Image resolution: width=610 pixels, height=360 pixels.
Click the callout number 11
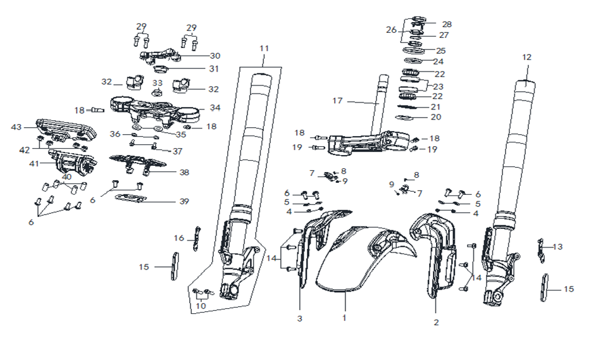[x=264, y=49]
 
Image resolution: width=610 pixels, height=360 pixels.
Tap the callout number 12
[x=526, y=57]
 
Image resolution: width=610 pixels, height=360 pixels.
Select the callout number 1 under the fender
[x=344, y=318]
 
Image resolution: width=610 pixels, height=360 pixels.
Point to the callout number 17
[x=337, y=101]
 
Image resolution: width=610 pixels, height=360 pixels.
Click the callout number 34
[x=215, y=108]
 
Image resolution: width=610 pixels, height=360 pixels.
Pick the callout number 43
[x=16, y=127]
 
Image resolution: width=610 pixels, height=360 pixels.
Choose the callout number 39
[x=184, y=201]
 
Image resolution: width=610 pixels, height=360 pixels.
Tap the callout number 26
[x=391, y=30]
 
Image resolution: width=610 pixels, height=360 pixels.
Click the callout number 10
[x=201, y=306]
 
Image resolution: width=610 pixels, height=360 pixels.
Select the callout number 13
[x=557, y=247]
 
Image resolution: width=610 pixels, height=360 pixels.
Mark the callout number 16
[x=178, y=238]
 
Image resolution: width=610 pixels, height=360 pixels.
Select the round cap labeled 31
[x=160, y=70]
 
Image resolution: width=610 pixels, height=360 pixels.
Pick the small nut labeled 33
[x=157, y=92]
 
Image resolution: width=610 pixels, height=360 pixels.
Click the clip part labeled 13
[x=541, y=251]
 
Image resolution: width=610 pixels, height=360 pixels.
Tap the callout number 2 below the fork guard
[x=436, y=322]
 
